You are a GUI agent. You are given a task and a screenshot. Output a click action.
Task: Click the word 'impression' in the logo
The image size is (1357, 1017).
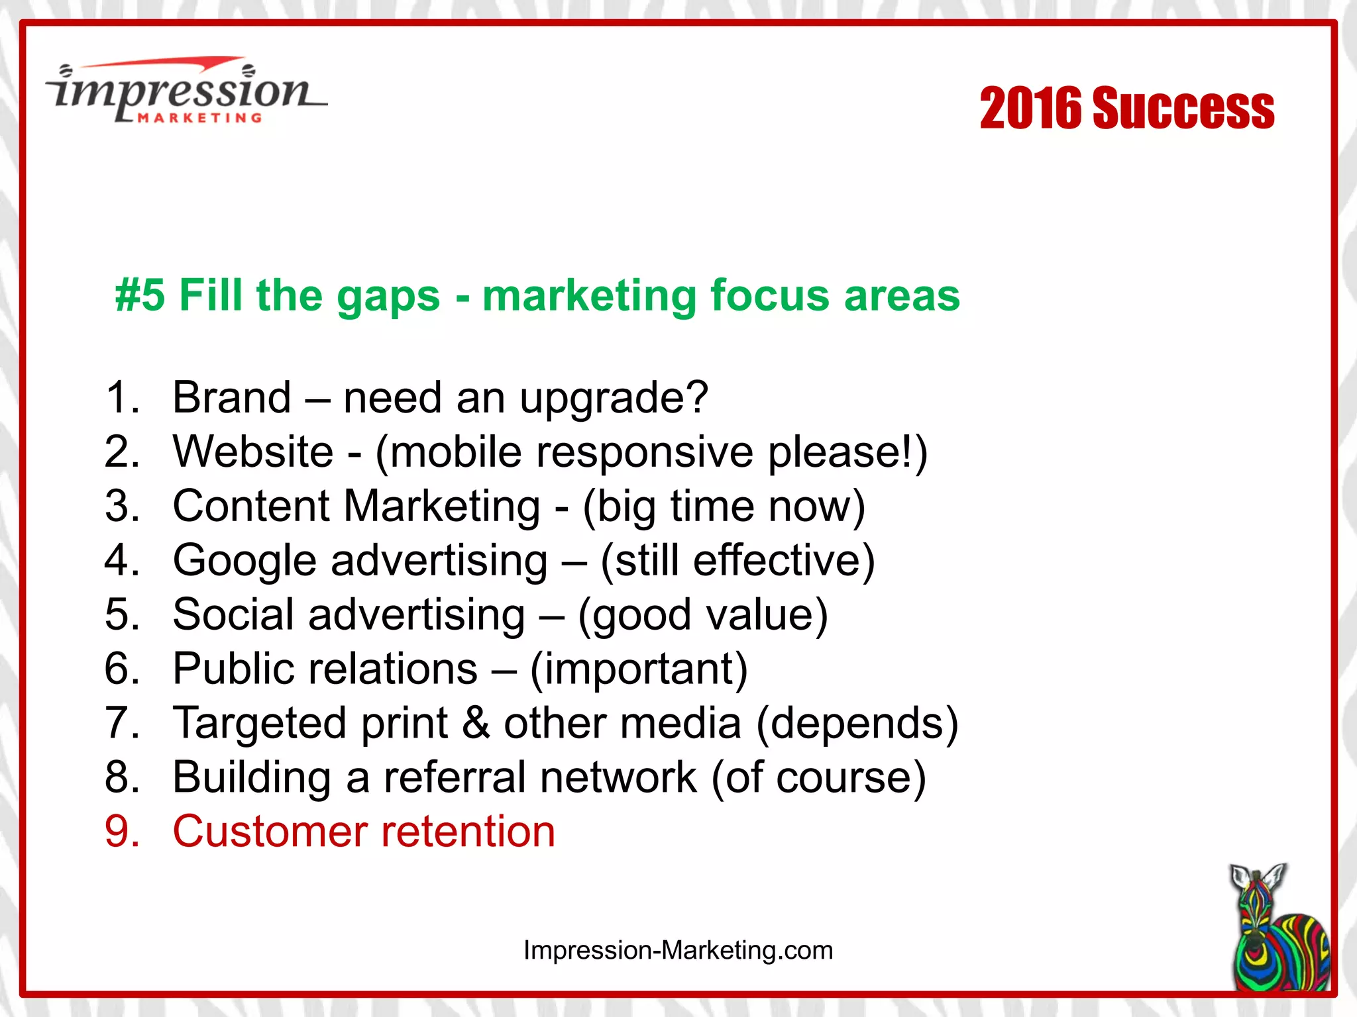[x=182, y=91]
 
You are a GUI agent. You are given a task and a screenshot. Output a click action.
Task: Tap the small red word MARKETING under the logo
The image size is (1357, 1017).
[x=199, y=118]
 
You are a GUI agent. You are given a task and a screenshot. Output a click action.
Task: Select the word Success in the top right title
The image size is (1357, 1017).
[x=1183, y=108]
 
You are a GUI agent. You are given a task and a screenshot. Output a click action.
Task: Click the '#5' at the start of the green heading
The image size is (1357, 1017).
[x=140, y=295]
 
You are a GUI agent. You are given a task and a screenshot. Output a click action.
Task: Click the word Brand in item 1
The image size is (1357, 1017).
[x=231, y=397]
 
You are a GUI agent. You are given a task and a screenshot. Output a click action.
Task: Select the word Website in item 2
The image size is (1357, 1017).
[x=253, y=452]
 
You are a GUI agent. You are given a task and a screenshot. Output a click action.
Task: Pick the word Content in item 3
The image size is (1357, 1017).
[x=251, y=506]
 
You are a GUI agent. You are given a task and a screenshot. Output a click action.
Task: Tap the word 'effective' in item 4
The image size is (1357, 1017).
[x=775, y=560]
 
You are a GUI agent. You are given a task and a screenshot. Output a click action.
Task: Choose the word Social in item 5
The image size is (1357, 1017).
[x=233, y=614]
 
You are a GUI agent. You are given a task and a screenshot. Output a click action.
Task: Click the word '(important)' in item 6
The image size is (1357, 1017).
[x=639, y=669]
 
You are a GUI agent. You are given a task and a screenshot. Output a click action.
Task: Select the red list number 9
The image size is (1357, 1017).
[x=122, y=832]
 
